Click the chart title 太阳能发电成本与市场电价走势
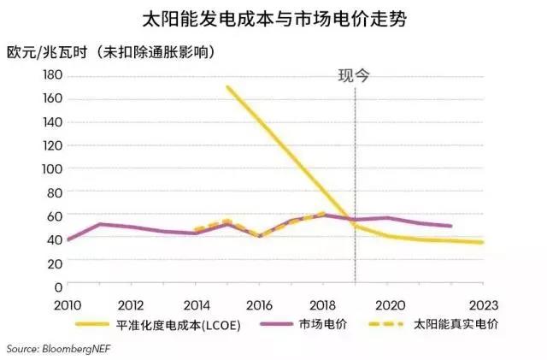pos(273,18)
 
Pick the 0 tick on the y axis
pos(58,286)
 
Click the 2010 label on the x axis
pos(68,305)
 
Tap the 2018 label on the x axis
pos(324,305)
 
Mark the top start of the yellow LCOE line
pos(227,86)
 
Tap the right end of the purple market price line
pos(451,226)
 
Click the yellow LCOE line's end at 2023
pos(484,242)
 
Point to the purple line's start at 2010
pos(68,239)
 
